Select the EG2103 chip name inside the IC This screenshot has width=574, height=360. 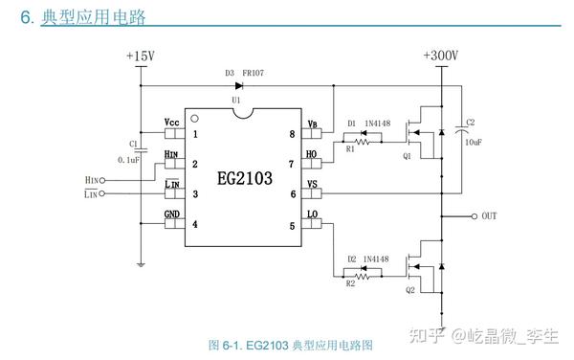pyautogui.click(x=245, y=178)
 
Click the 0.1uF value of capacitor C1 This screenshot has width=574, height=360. pyautogui.click(x=128, y=159)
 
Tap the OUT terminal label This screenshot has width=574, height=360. pyautogui.click(x=489, y=215)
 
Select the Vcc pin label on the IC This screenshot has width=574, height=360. pyautogui.click(x=172, y=124)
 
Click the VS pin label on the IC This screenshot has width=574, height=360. pyautogui.click(x=312, y=184)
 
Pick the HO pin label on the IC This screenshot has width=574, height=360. pyautogui.click(x=311, y=154)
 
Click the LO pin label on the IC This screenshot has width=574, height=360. pyautogui.click(x=312, y=214)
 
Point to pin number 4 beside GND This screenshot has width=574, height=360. pyautogui.click(x=195, y=225)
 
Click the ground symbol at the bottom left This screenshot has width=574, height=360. pyautogui.click(x=140, y=264)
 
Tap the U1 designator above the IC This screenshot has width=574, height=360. pyautogui.click(x=236, y=100)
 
